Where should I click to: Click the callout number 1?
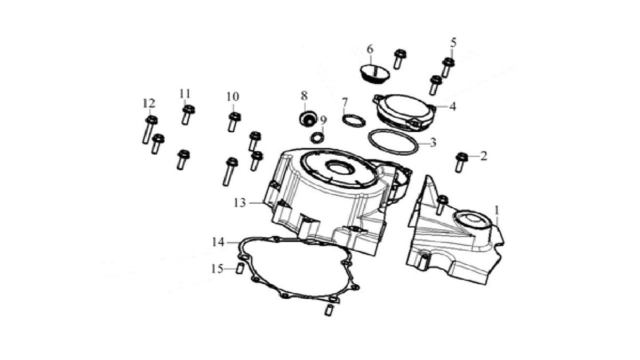click(x=497, y=210)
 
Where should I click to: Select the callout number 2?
click(x=484, y=156)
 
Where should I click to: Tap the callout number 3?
click(x=433, y=143)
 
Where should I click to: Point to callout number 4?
click(x=452, y=106)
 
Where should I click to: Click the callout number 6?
click(x=370, y=49)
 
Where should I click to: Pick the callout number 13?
click(x=239, y=203)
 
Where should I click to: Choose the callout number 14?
click(x=218, y=242)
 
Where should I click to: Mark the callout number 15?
click(x=217, y=269)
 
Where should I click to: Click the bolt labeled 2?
click(x=461, y=162)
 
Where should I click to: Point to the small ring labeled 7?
click(x=353, y=121)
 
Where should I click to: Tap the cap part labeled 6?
click(x=373, y=73)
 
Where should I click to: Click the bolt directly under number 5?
click(x=448, y=67)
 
